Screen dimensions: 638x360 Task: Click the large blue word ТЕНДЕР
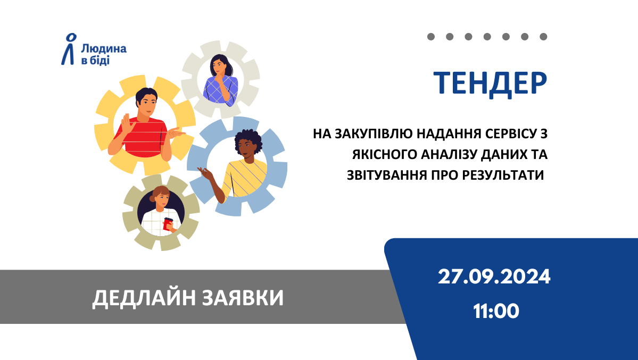click(x=490, y=83)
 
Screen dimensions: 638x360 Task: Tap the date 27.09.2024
click(x=494, y=277)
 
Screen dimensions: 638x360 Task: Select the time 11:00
click(x=496, y=311)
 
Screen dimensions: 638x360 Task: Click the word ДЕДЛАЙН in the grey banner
click(x=144, y=298)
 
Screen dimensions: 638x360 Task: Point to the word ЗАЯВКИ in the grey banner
click(x=243, y=298)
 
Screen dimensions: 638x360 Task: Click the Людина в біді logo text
click(x=103, y=55)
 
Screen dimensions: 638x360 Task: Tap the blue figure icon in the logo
click(x=69, y=49)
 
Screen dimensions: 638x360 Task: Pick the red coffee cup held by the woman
click(x=168, y=224)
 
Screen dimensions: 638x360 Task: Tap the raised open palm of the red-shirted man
click(x=127, y=123)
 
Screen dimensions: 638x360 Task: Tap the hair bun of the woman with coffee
click(x=153, y=198)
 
